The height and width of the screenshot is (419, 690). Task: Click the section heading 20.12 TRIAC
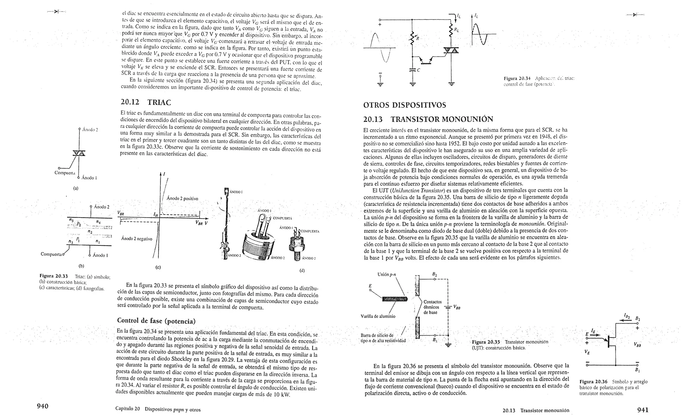[x=146, y=102]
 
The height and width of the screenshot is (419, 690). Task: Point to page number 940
[x=43, y=406]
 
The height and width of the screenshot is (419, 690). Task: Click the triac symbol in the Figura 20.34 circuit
[x=451, y=51]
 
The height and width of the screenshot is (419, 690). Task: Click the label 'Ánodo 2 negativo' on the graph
[x=137, y=239]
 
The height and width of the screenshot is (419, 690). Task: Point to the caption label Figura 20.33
[x=54, y=276]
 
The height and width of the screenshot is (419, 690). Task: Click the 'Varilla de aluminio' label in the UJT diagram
[x=377, y=316]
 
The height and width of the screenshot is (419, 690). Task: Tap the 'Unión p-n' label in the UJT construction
[x=386, y=274]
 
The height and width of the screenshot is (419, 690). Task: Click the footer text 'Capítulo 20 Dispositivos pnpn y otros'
[x=158, y=410]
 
